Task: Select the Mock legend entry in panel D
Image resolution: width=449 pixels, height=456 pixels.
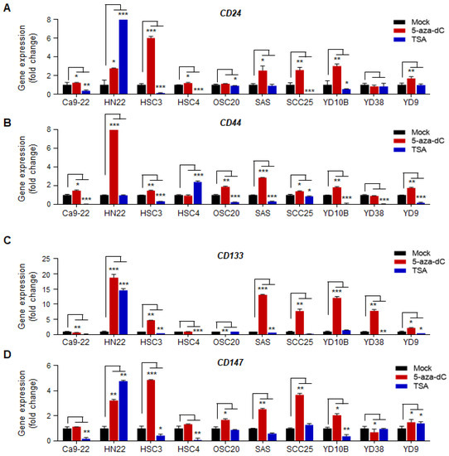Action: [x=423, y=357]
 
